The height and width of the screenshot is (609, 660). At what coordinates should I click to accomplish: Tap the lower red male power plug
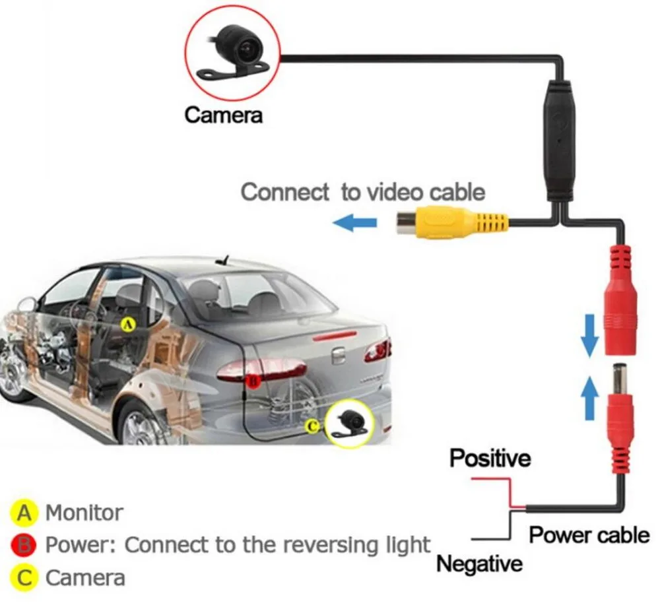[x=620, y=416]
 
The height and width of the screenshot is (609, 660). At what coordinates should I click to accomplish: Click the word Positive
[x=490, y=459]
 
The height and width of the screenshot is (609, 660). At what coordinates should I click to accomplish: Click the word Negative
[x=478, y=564]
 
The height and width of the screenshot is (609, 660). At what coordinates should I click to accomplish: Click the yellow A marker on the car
[x=129, y=324]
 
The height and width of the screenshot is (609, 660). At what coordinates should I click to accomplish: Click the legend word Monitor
[x=84, y=513]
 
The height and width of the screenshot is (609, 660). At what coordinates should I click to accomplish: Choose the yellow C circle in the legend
[x=23, y=578]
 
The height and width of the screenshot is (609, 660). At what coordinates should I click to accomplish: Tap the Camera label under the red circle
[x=223, y=115]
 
